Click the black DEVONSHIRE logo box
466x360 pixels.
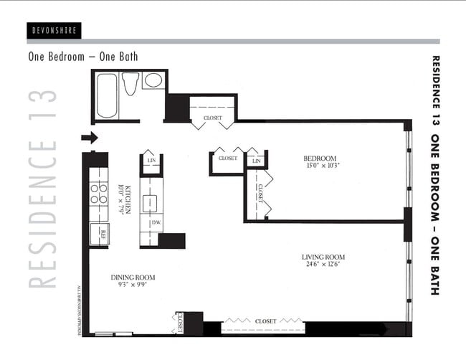pyautogui.click(x=55, y=30)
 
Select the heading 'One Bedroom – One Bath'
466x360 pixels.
pyautogui.click(x=82, y=57)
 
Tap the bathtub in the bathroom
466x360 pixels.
pyautogui.click(x=105, y=96)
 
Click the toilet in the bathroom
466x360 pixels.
pyautogui.click(x=130, y=85)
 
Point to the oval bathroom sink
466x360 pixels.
pyautogui.click(x=153, y=80)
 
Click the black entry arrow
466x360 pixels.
pyautogui.click(x=90, y=137)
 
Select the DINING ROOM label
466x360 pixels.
pyautogui.click(x=133, y=278)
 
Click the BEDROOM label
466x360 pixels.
pyautogui.click(x=319, y=158)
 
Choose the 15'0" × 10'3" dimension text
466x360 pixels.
pyautogui.click(x=319, y=166)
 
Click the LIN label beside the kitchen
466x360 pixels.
pyautogui.click(x=152, y=161)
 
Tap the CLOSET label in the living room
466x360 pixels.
pyautogui.click(x=265, y=321)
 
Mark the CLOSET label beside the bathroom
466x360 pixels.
pyautogui.click(x=211, y=118)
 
